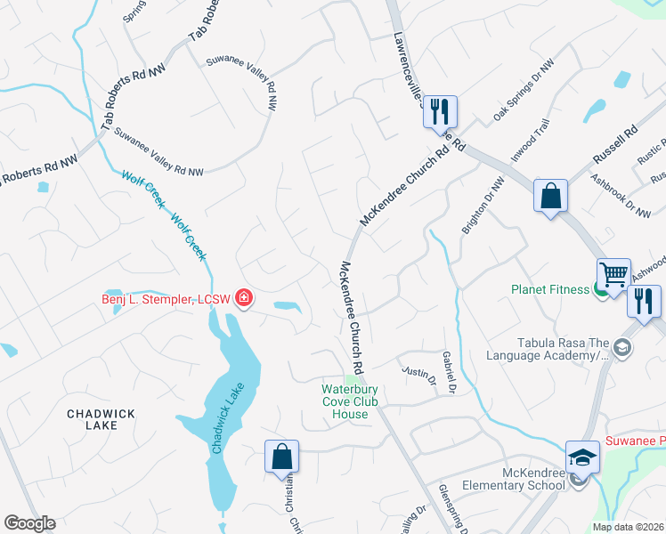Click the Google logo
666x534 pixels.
coord(29,523)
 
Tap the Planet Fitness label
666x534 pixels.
coord(549,289)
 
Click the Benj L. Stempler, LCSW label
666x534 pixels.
coord(166,299)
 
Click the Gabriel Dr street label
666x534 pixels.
coord(449,371)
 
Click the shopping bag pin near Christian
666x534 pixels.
coord(281,457)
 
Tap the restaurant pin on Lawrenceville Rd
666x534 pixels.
coord(439,113)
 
